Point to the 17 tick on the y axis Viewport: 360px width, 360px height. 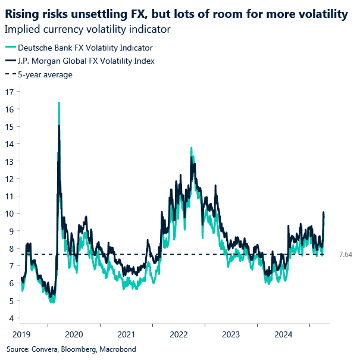click(8, 92)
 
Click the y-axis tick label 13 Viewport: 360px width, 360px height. click(8, 161)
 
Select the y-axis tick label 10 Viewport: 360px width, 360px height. click(8, 214)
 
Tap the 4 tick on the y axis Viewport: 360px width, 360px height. click(10, 318)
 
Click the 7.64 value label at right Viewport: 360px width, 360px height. click(346, 254)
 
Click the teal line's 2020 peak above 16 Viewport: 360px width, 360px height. click(59, 103)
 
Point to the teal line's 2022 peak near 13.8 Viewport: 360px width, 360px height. click(190, 148)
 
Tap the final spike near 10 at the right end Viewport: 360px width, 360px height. click(324, 213)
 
